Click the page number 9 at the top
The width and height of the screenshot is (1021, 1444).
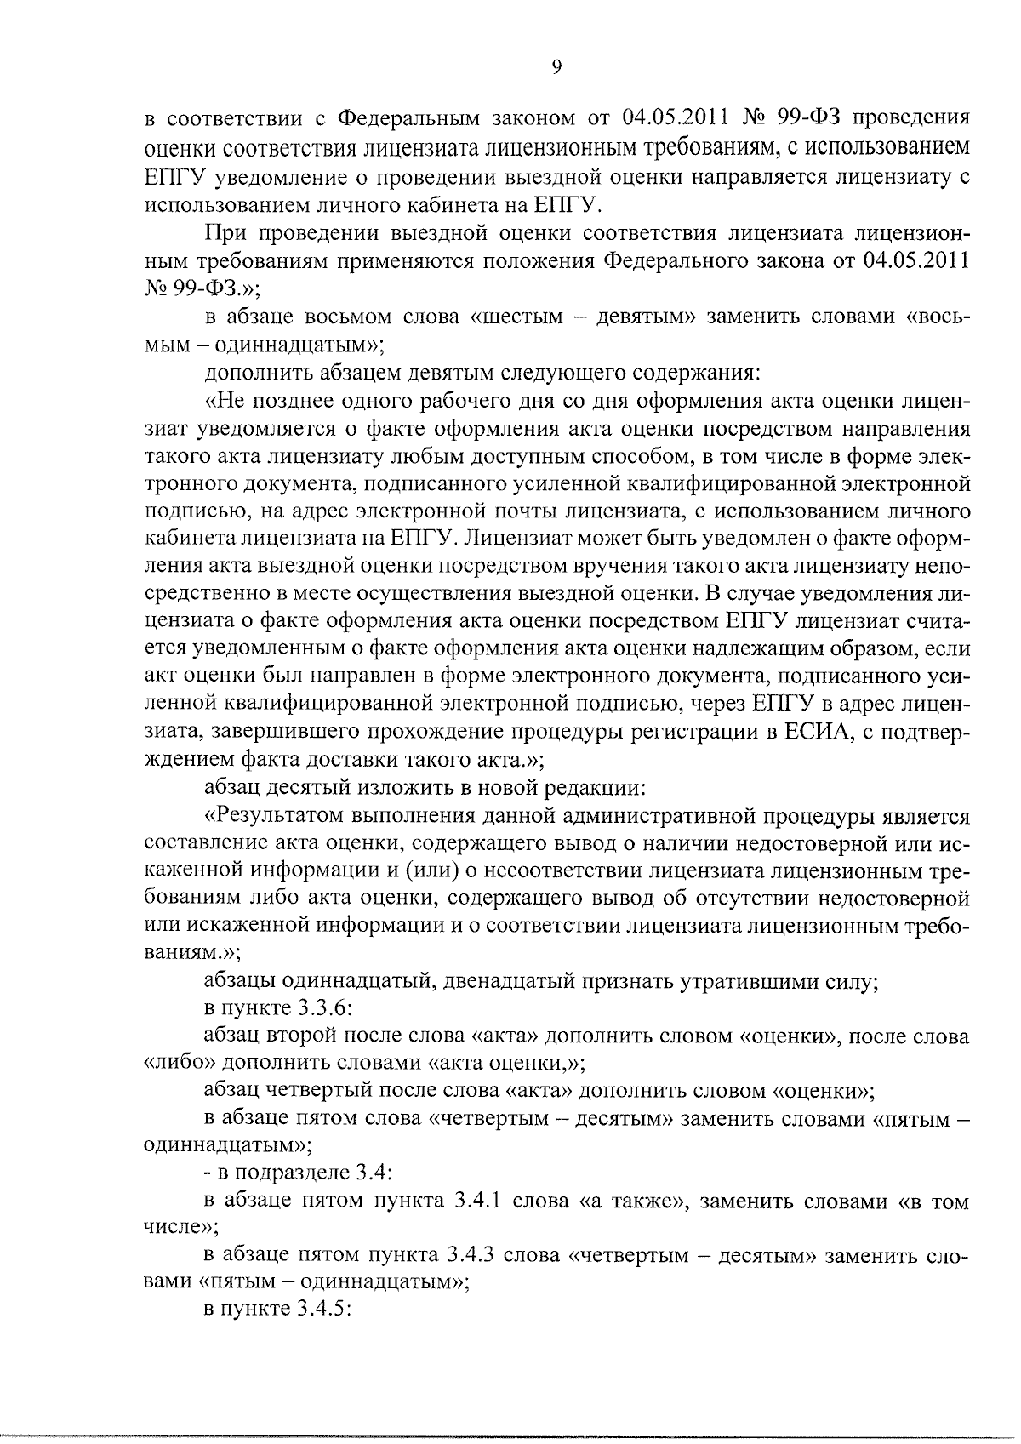[x=556, y=68]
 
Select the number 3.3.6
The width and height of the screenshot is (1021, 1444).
[x=324, y=1009]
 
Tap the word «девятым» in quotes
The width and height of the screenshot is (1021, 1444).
[x=652, y=317]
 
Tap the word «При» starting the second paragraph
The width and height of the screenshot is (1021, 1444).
[x=225, y=233]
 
